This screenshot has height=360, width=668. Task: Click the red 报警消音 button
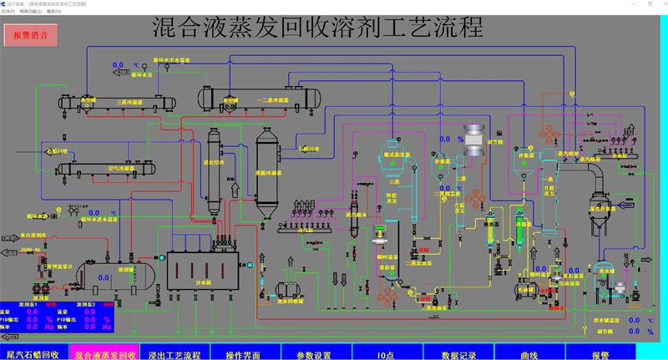[30, 37]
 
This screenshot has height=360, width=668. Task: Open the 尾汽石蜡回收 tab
[33, 354]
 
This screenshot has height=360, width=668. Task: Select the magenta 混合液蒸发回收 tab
[104, 354]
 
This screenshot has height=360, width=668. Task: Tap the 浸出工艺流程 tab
[175, 354]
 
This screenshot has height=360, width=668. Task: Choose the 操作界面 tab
[245, 354]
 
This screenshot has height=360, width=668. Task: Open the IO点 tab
[387, 354]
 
